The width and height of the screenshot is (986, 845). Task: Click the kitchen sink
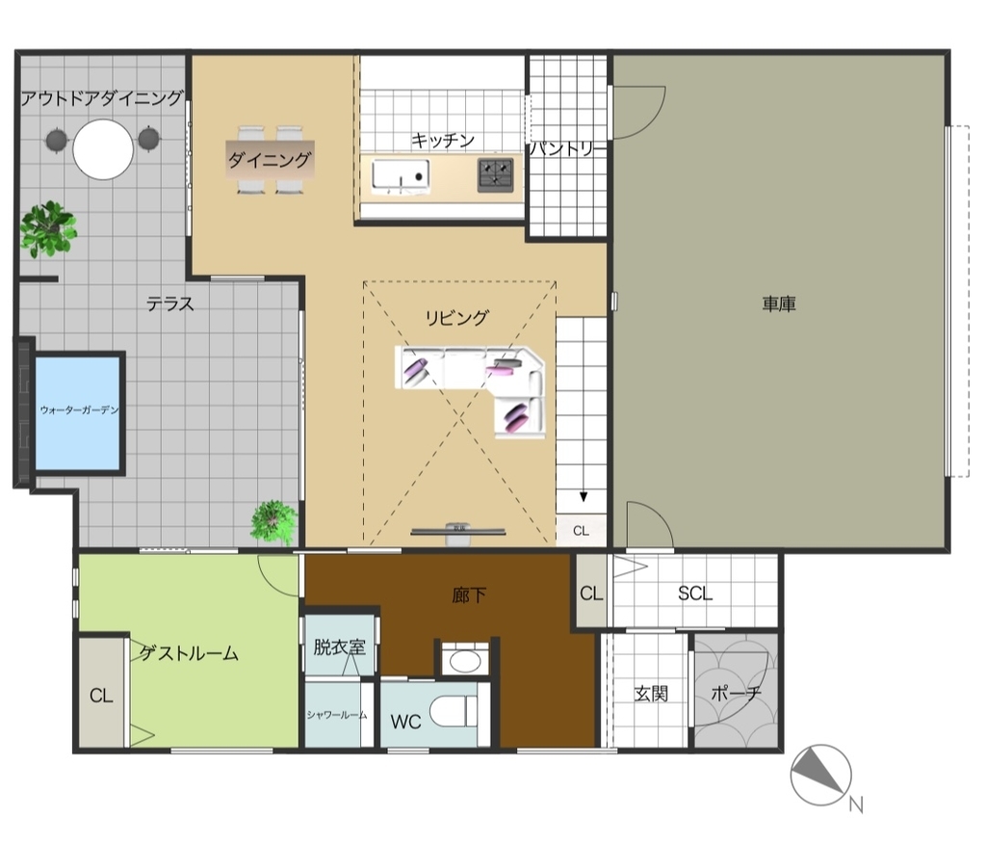tap(401, 174)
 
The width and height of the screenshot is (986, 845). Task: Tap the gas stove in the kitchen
tap(496, 174)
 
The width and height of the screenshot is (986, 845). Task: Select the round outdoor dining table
tap(103, 149)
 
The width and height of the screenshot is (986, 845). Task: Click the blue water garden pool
tap(77, 413)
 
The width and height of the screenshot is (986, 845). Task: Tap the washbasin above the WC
tap(463, 661)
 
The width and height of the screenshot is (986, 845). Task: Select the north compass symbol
tap(821, 776)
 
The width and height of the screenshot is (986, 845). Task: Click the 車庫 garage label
tap(779, 304)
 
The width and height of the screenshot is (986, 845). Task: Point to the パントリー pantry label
tap(567, 148)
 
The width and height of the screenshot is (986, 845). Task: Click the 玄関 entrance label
tap(651, 694)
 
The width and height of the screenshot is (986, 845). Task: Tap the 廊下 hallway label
tap(469, 594)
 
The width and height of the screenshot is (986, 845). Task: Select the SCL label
tap(695, 594)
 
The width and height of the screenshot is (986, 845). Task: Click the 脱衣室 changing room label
tap(339, 647)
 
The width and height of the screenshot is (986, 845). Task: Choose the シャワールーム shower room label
tap(337, 715)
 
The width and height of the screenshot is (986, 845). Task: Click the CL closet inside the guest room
tap(101, 696)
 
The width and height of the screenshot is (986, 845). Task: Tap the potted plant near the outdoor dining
tap(48, 228)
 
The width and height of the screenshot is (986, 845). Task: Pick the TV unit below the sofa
tap(458, 533)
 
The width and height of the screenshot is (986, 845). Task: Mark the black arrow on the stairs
tap(584, 496)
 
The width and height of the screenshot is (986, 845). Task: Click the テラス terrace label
tap(169, 304)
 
